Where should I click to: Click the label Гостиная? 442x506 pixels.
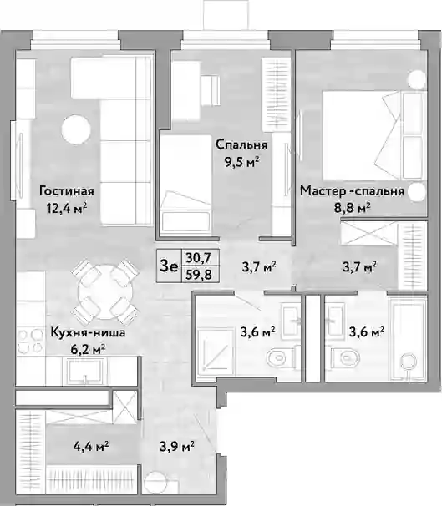[67, 191]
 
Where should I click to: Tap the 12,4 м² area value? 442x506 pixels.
[67, 208]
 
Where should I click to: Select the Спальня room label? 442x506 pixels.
[241, 144]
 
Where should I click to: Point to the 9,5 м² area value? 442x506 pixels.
[242, 162]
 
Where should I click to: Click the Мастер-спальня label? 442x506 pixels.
[352, 191]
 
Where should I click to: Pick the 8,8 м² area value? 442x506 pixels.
[352, 208]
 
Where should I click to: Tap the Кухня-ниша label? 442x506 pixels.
[88, 332]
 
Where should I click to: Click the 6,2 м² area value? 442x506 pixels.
[88, 350]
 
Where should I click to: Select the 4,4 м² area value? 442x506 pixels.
[91, 447]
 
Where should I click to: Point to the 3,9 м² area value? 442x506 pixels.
[177, 447]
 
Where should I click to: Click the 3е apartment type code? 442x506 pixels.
[169, 266]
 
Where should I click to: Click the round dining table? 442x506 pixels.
[105, 291]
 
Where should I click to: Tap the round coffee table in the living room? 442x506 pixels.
[75, 129]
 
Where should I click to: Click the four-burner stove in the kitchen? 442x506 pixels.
[30, 341]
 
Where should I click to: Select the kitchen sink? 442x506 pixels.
[84, 371]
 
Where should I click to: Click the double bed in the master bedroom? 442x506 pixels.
[373, 135]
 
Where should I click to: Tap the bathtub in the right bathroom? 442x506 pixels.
[408, 339]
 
